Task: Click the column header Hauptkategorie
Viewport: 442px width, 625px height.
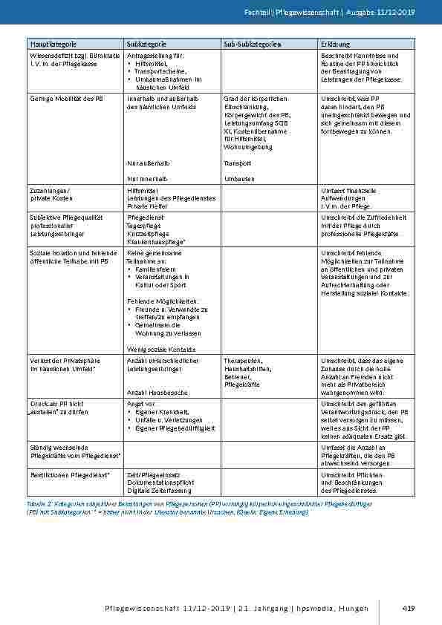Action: tap(53, 45)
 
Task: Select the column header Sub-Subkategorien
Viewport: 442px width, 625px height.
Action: tap(252, 45)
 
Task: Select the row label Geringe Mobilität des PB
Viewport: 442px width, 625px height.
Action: tap(66, 98)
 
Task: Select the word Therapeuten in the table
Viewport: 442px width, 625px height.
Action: tap(242, 360)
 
